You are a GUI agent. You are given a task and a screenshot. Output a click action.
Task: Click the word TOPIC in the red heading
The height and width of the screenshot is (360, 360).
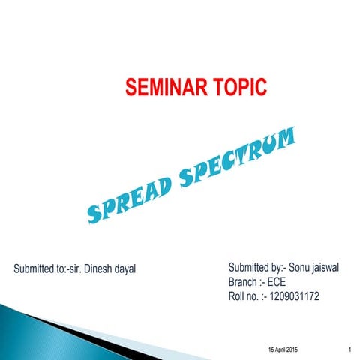[x=237, y=89]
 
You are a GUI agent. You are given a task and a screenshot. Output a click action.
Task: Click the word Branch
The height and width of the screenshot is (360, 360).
[x=245, y=281]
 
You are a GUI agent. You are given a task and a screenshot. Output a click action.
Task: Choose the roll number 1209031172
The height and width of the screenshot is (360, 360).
[x=293, y=296]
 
